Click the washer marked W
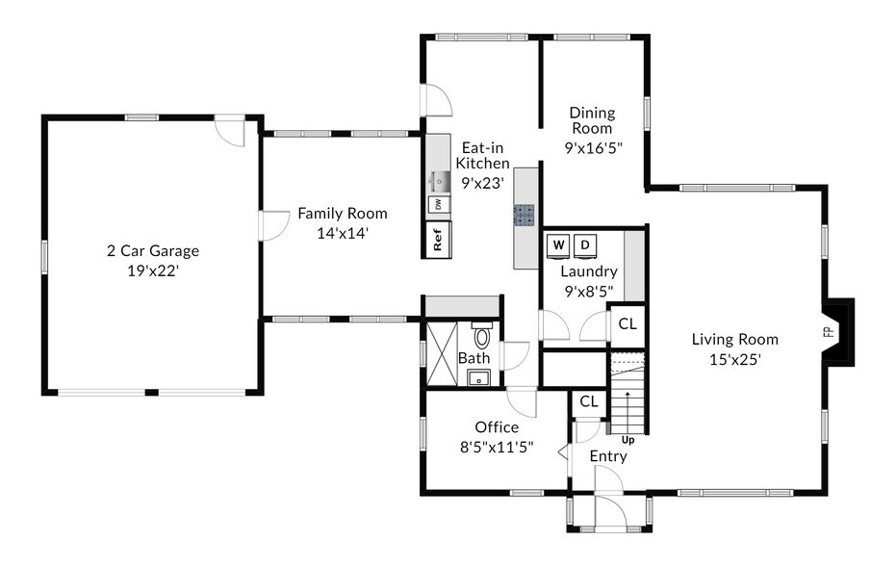click(x=558, y=245)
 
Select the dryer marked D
click(x=585, y=245)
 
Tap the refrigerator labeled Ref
click(x=438, y=240)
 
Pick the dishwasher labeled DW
click(x=438, y=204)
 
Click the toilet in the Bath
click(x=483, y=335)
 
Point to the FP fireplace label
click(x=830, y=331)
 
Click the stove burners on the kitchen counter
click(x=524, y=215)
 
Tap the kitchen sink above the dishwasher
click(x=439, y=181)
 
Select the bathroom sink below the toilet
click(x=479, y=377)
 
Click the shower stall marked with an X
click(x=442, y=354)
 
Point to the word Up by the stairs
click(x=628, y=440)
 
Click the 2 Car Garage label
click(x=153, y=250)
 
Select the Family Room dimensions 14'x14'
click(x=343, y=233)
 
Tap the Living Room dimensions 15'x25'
click(x=735, y=360)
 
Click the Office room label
click(x=498, y=427)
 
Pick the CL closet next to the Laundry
click(x=627, y=323)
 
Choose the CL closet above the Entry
click(x=589, y=401)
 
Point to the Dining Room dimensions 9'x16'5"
click(x=593, y=148)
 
